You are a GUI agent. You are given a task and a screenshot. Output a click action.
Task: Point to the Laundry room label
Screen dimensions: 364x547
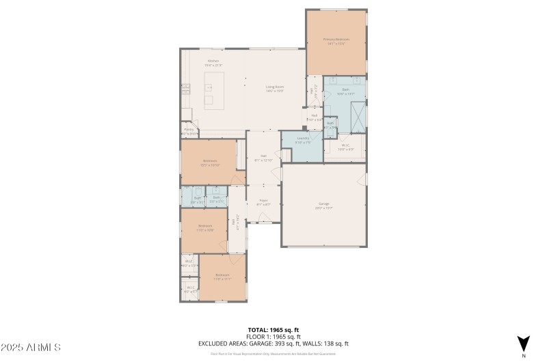coord(303,139)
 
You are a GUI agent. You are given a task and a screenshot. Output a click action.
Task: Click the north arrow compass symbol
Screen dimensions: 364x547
coord(524,344)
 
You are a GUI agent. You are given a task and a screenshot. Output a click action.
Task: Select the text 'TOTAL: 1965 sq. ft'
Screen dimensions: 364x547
coord(273,330)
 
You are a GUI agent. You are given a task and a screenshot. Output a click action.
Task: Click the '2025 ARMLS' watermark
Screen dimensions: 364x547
coord(31,348)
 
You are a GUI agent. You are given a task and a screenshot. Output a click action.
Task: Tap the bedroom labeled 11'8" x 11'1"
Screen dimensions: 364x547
coord(222,277)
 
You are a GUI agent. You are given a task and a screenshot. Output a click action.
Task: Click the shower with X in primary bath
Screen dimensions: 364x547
coord(356,111)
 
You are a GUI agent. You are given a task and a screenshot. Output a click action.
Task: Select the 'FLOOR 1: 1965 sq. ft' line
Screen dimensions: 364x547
coord(273,337)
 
